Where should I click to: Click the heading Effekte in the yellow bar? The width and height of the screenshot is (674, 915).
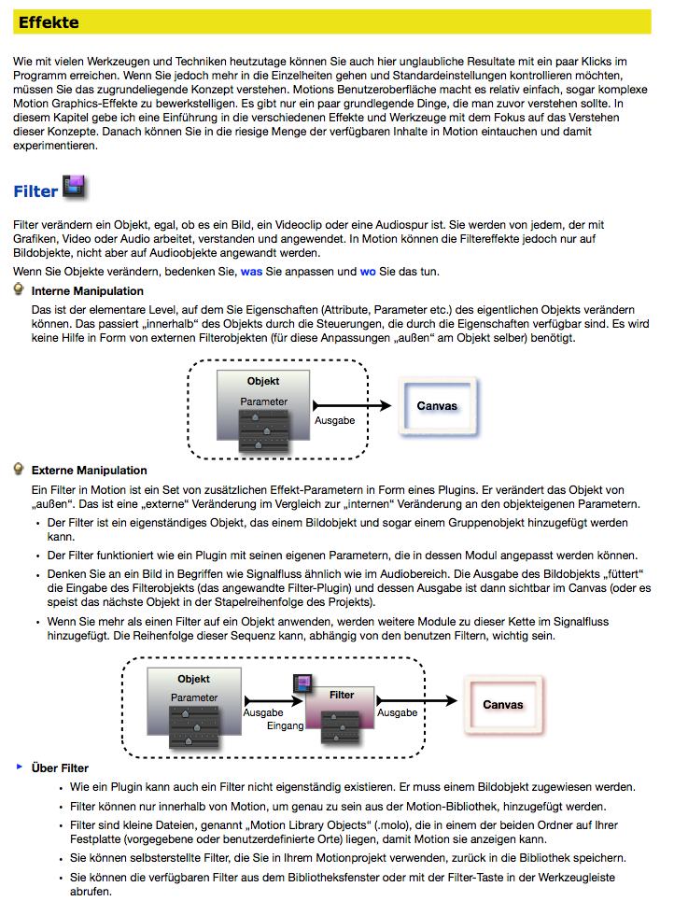(49, 22)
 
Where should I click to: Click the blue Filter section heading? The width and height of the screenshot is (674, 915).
(36, 191)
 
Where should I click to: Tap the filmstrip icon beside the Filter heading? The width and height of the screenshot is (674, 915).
(76, 187)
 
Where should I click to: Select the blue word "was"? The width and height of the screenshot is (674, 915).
(251, 272)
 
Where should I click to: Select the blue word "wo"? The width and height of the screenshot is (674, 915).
(368, 272)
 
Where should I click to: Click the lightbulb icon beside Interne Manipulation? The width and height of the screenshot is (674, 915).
(20, 290)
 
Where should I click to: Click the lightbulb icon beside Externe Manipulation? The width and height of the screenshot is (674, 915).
(20, 469)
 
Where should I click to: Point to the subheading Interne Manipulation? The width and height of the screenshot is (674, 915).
(88, 291)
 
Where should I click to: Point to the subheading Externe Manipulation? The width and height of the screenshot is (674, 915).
(90, 471)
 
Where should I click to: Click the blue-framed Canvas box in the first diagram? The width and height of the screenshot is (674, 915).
(437, 407)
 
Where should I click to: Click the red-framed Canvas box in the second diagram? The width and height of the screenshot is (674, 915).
(502, 705)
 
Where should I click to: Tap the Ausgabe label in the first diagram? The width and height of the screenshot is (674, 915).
(334, 421)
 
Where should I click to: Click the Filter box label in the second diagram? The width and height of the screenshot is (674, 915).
(342, 695)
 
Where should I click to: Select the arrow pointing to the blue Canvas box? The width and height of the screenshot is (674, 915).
(355, 405)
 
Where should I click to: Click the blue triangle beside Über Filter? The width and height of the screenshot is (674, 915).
(19, 767)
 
